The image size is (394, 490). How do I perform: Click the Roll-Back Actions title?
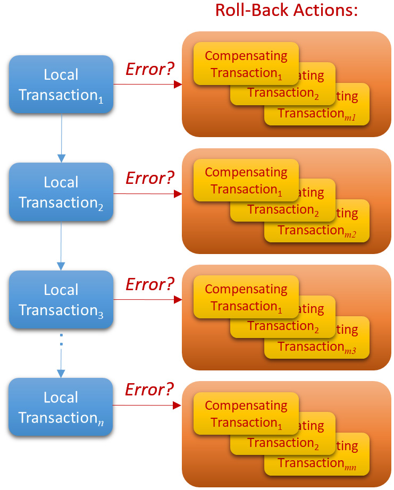tap(287, 10)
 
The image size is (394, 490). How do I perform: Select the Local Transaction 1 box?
tap(61, 85)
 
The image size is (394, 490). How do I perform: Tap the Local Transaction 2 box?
tap(61, 192)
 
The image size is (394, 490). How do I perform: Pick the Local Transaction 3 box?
tap(61, 300)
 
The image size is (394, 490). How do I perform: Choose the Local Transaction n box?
tap(61, 407)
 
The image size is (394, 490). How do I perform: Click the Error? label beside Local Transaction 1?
tap(150, 69)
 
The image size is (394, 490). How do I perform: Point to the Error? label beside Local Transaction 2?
tap(150, 178)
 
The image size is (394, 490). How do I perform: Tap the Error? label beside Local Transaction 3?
tap(150, 284)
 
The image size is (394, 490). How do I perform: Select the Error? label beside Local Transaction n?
tap(149, 390)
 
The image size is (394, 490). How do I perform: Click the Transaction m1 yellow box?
tap(317, 113)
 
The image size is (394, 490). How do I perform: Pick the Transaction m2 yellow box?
tap(317, 230)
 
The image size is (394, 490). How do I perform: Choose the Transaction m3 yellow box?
tap(317, 346)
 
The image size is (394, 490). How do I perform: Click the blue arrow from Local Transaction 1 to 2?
tap(62, 138)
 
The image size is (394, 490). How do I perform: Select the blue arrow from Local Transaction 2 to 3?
tap(62, 246)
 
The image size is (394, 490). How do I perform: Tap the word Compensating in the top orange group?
tap(246, 55)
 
